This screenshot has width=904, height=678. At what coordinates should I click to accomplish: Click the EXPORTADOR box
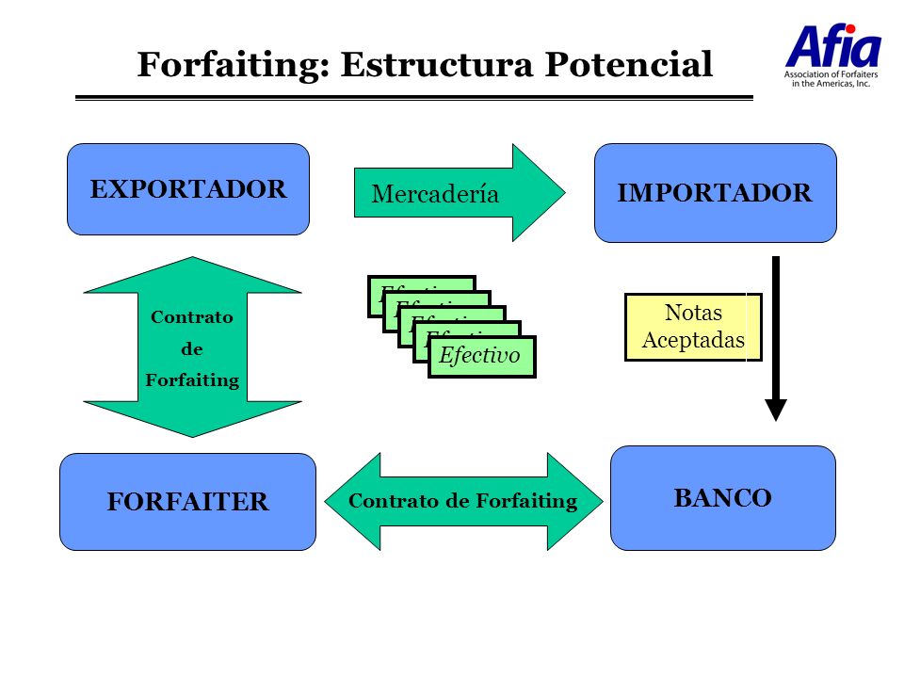pos(187,189)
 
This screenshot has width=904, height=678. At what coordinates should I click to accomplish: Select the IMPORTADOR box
pos(715,193)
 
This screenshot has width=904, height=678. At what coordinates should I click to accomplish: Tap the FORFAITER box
pos(187,502)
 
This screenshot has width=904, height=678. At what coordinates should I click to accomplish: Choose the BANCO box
pos(722,498)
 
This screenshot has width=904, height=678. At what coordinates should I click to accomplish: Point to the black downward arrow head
pos(775,409)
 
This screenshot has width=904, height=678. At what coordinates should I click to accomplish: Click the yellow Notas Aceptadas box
pos(692,327)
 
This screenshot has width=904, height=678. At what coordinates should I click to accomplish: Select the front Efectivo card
pos(481,357)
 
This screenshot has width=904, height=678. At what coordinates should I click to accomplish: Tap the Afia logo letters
pos(832,47)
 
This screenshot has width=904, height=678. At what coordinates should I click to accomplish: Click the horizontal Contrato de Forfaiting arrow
pos(462,501)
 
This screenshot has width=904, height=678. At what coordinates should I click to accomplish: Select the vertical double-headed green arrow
pos(192,347)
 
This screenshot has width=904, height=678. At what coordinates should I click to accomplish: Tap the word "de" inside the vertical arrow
pos(192,349)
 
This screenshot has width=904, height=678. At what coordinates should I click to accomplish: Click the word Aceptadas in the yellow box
pos(692,340)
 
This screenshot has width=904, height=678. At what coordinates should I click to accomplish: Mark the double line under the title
pos(414,97)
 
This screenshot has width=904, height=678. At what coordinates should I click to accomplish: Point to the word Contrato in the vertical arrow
pos(192,317)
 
